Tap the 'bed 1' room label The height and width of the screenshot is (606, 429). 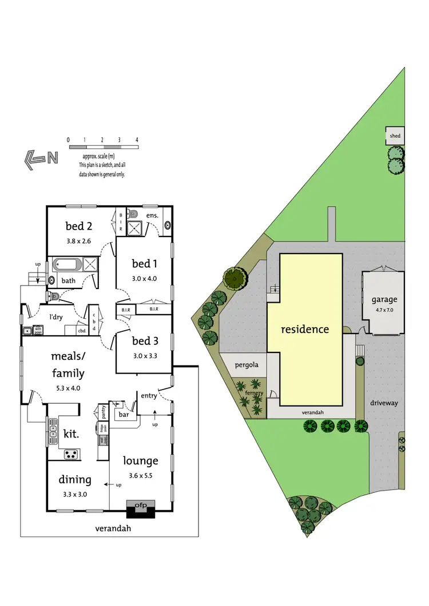[144, 263]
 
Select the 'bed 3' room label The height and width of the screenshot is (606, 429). [144, 341]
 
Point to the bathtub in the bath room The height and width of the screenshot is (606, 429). [68, 265]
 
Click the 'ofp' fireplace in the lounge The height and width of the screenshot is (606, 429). [141, 504]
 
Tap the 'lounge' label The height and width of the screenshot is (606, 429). [140, 460]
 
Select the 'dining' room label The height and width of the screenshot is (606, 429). [74, 480]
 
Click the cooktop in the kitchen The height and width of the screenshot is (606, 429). [72, 455]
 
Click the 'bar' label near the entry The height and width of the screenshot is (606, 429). [122, 415]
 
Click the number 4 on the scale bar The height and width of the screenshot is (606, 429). [137, 140]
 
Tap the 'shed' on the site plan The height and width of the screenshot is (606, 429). [395, 136]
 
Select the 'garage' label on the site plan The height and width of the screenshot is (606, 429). [384, 299]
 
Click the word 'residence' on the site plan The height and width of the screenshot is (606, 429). [305, 329]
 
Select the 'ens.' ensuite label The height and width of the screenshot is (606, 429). [152, 215]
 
